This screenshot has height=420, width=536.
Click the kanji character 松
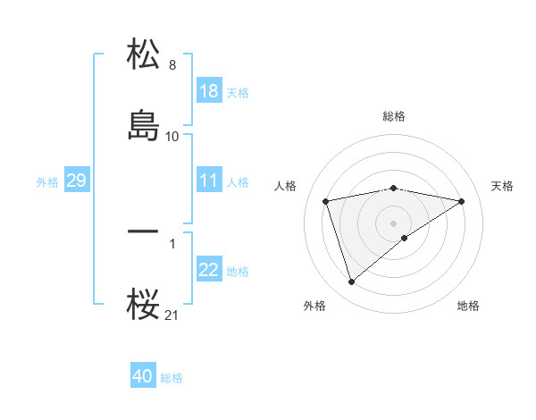(x=143, y=54)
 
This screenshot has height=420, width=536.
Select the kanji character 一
(x=143, y=231)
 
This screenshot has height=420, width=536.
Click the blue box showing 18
(x=209, y=91)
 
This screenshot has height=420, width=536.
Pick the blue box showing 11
(x=209, y=181)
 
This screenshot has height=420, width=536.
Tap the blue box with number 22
(x=209, y=270)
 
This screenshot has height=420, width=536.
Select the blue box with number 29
(x=76, y=181)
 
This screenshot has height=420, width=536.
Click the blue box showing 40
(x=143, y=376)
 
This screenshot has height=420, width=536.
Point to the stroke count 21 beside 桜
(x=172, y=315)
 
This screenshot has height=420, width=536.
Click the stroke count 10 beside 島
(x=172, y=136)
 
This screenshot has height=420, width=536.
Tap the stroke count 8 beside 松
(x=172, y=65)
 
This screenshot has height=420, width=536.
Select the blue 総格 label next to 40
(x=172, y=378)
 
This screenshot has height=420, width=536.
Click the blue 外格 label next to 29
(x=47, y=181)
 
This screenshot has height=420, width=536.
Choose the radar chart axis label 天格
(x=502, y=186)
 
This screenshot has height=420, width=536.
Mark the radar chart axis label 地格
(x=468, y=306)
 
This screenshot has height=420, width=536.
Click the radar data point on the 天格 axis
(x=461, y=201)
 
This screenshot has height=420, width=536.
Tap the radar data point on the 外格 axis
(x=352, y=282)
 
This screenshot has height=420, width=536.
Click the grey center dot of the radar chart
(x=394, y=223)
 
